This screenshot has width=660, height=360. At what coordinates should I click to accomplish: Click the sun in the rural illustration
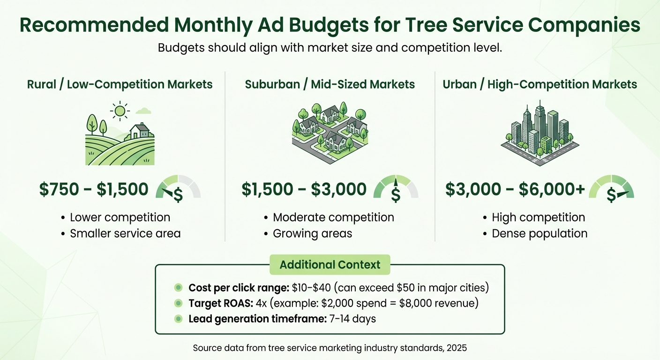click(120, 111)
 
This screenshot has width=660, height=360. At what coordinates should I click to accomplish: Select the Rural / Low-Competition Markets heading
click(120, 84)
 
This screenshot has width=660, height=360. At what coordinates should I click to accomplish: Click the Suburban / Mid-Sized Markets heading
click(330, 84)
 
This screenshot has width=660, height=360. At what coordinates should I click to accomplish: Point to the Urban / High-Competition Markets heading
click(540, 84)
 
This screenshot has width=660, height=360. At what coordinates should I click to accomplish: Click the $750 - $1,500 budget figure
click(94, 189)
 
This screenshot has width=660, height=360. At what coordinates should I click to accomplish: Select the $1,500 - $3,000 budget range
click(304, 189)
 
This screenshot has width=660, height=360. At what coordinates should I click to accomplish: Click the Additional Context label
click(330, 265)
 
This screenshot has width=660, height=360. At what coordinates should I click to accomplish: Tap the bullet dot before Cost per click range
click(178, 288)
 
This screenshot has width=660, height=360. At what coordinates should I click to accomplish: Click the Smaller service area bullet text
click(125, 233)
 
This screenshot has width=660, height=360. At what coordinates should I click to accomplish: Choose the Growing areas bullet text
click(312, 233)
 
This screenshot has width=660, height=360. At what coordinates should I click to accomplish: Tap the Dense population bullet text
click(539, 233)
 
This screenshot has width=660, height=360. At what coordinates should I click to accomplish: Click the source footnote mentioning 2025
click(330, 348)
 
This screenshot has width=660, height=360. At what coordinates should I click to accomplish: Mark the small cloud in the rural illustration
click(144, 111)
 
